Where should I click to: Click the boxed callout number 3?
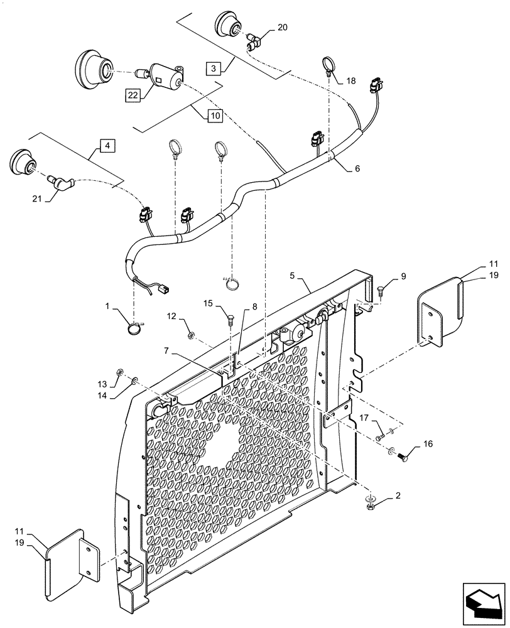[214, 68]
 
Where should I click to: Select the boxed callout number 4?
[107, 146]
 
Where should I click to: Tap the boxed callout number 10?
[215, 116]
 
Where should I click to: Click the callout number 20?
[282, 27]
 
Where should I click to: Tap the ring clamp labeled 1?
[133, 327]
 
